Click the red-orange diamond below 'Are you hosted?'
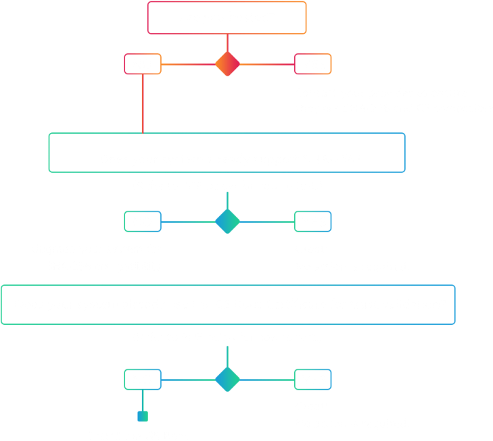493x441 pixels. (x=227, y=64)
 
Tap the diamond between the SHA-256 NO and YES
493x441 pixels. (x=227, y=222)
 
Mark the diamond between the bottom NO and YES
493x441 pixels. (x=227, y=380)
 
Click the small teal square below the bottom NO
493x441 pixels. (x=142, y=417)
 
